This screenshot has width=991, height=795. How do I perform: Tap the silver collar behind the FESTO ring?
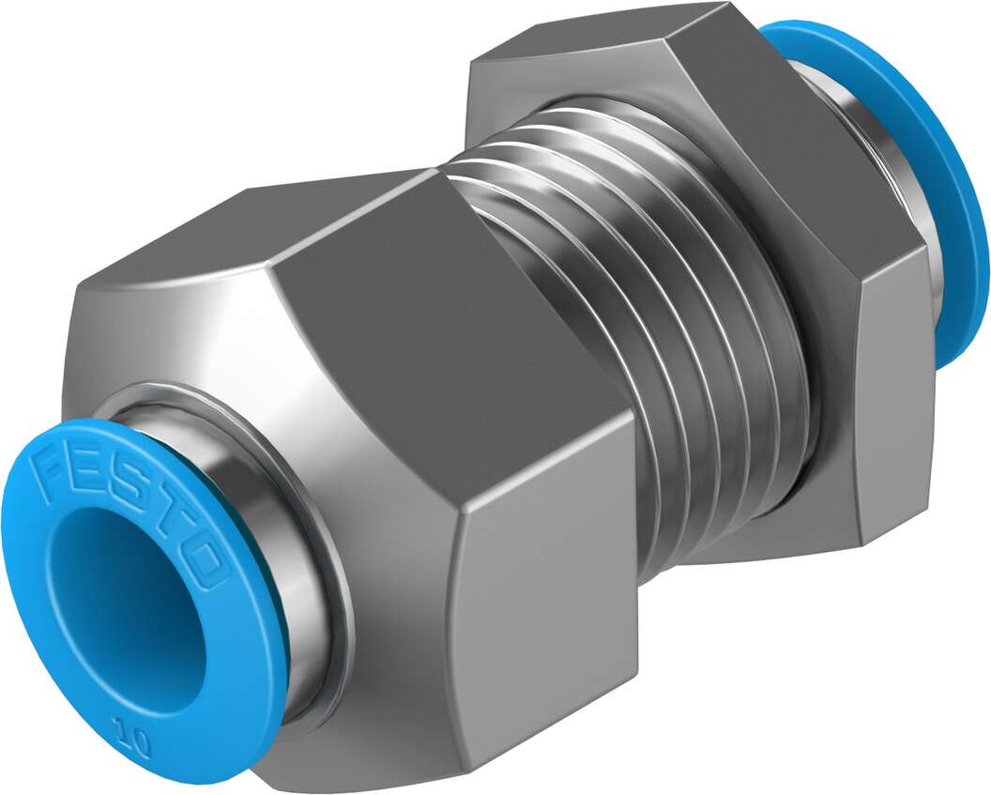[x=282, y=526]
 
